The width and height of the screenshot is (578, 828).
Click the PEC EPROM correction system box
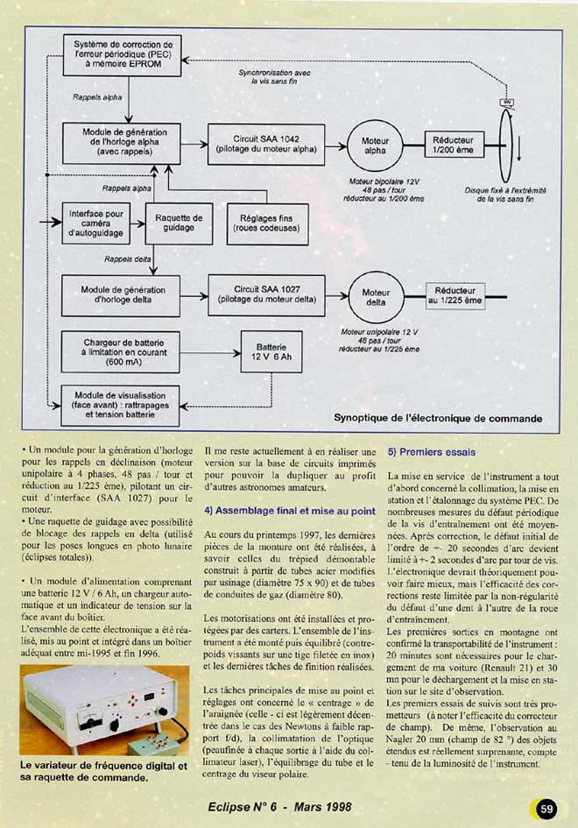(x=123, y=54)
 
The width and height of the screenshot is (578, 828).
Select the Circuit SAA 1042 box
(x=266, y=145)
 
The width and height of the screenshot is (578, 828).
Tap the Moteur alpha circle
(x=375, y=145)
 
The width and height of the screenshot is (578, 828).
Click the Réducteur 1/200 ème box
(x=454, y=145)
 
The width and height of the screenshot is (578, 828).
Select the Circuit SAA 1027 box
(x=266, y=294)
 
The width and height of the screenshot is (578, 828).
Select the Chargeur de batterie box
(x=120, y=350)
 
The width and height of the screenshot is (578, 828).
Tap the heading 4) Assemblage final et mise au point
(x=290, y=510)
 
